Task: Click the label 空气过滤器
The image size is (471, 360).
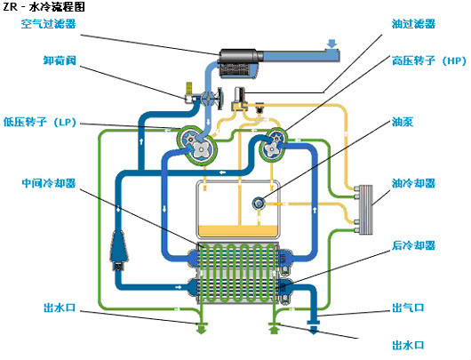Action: (x=48, y=24)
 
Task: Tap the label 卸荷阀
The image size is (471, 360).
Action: (x=60, y=60)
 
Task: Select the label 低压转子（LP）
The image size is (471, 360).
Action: (x=39, y=122)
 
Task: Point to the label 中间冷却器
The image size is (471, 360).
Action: (x=48, y=183)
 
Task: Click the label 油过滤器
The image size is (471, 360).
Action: (x=413, y=24)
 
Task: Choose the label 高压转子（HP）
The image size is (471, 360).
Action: (x=429, y=60)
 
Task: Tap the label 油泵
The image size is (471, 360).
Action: (x=403, y=122)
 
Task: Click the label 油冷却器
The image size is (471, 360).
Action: (x=413, y=183)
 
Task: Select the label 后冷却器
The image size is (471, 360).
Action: (x=413, y=245)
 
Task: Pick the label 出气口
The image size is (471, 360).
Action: (x=408, y=308)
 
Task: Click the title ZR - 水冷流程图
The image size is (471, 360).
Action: (x=44, y=6)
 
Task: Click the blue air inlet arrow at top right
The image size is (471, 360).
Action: (x=331, y=44)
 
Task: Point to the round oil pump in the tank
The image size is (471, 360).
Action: (x=258, y=204)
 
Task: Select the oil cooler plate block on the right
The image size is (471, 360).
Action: (x=364, y=210)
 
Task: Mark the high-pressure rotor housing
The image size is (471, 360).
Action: (x=273, y=145)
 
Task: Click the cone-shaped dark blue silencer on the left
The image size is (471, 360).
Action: (x=120, y=250)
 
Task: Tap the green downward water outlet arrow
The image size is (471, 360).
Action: (x=201, y=329)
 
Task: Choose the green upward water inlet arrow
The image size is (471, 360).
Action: (x=274, y=329)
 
